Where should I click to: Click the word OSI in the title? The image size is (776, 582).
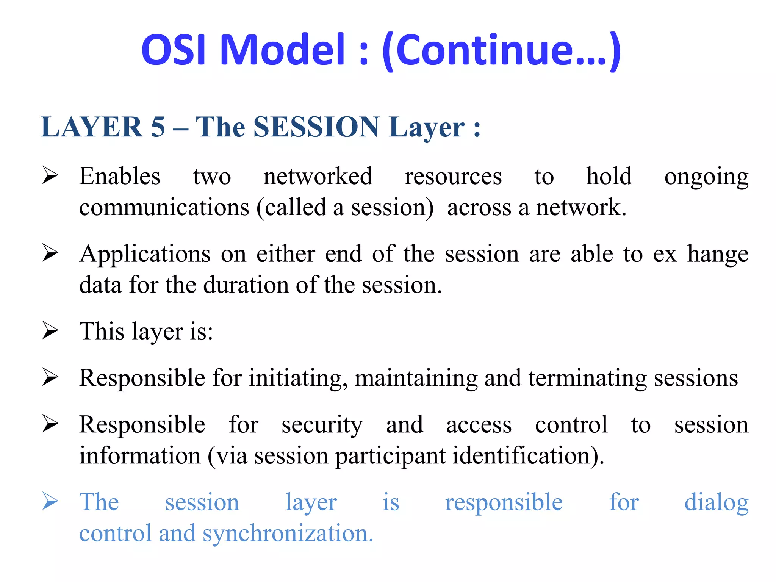(x=174, y=49)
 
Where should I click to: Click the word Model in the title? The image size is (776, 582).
(x=282, y=49)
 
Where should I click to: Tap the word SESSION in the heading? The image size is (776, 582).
(x=316, y=127)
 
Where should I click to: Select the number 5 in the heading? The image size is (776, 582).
(x=158, y=127)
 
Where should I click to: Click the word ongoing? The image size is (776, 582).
(x=706, y=177)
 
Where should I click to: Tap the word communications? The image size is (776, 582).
(x=164, y=208)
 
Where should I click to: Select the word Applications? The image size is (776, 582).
(x=145, y=255)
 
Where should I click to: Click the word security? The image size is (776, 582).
(x=322, y=425)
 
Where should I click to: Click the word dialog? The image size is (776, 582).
(x=716, y=503)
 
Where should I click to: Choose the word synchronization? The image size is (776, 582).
(x=288, y=533)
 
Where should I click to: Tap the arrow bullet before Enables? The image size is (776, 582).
(x=50, y=175)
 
